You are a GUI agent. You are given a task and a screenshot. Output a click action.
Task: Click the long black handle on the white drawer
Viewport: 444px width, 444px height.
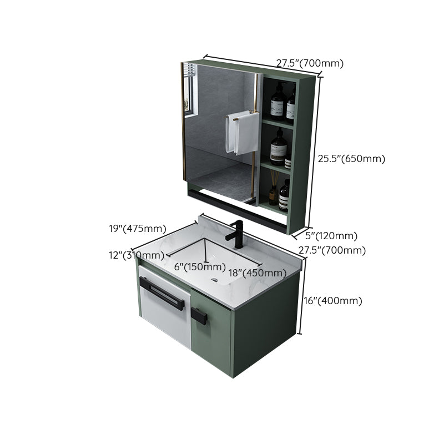162,294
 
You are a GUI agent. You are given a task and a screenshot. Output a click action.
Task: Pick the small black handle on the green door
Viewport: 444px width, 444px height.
200,316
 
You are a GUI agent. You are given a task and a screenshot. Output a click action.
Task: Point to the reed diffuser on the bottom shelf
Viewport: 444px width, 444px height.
274,189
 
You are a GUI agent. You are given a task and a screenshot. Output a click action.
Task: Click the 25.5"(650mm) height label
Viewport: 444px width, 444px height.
351,159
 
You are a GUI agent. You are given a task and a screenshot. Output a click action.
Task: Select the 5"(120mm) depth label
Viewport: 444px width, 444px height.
332,236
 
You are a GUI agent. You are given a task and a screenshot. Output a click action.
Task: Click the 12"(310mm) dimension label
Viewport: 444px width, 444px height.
137,255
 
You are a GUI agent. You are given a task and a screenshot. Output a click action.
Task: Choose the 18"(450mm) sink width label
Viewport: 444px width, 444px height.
257,273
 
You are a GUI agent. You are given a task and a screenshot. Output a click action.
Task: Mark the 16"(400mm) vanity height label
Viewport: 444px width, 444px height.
332,301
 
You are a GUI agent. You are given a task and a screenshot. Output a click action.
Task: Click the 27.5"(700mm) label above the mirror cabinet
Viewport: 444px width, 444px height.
310,63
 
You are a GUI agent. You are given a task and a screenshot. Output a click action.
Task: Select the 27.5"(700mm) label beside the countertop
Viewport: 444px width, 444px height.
332,250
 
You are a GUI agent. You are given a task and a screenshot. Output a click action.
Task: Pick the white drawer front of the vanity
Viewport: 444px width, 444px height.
165,314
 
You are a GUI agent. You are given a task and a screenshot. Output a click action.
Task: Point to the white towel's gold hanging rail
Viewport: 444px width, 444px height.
242,115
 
